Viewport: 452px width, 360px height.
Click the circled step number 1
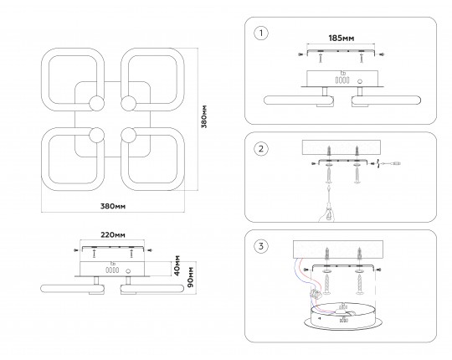click(261, 33)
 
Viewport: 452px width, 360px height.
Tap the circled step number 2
click(261, 149)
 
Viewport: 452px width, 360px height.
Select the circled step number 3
click(261, 246)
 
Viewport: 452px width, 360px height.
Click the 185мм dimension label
click(342, 38)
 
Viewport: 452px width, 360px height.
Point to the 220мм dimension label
click(113, 235)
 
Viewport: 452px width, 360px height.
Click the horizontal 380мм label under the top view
click(113, 206)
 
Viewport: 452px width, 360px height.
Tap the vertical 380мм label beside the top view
click(204, 116)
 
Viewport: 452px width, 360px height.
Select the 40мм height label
click(177, 265)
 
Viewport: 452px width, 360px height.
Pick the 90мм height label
click(191, 278)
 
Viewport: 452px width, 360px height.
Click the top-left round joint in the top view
click(96, 103)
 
